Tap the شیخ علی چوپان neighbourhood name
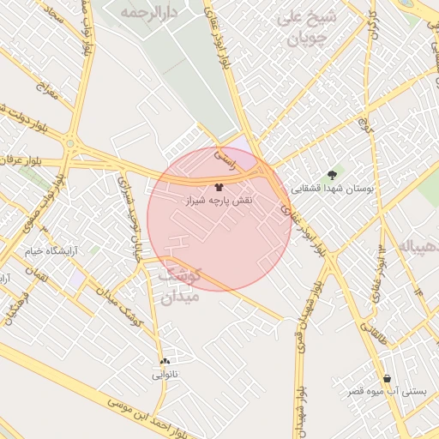click(x=307, y=28)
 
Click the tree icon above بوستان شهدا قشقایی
click(x=332, y=174)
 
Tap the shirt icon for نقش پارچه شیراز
click(x=219, y=185)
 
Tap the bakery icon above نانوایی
click(x=165, y=361)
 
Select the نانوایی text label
click(x=165, y=375)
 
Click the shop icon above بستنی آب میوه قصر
click(x=388, y=378)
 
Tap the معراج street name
click(x=45, y=89)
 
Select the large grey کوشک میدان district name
click(x=178, y=286)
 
